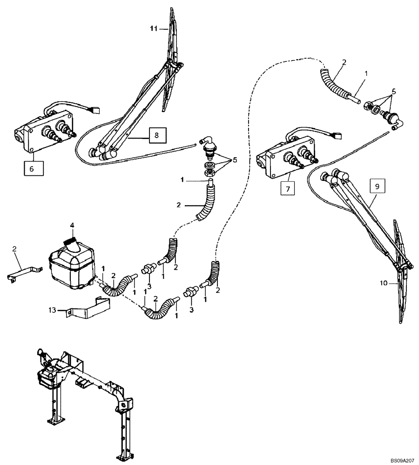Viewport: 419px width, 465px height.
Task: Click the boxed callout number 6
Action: (32, 168)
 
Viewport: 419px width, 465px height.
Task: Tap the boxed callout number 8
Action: (156, 135)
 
